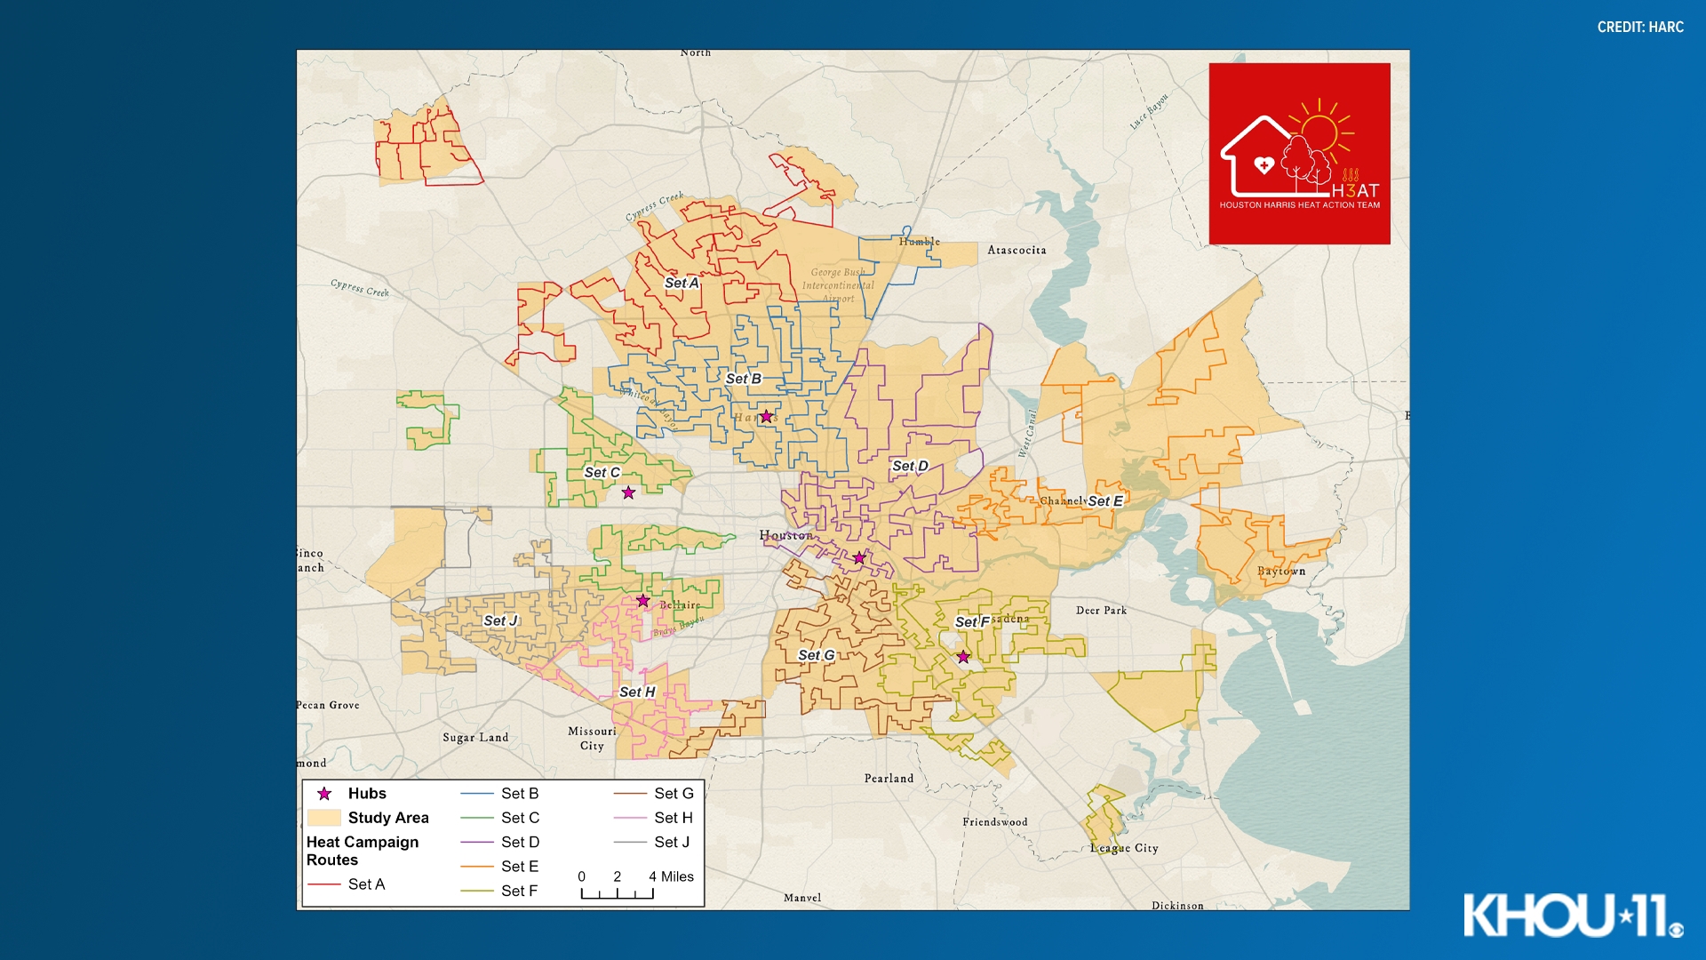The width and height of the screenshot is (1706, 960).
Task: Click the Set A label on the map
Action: coord(682,283)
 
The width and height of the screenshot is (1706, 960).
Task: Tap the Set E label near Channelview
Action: coord(1105,501)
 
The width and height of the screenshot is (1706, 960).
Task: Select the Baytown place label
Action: coord(1280,571)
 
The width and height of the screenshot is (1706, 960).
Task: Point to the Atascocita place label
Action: coord(1016,250)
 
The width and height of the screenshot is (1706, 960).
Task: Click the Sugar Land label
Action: coord(475,737)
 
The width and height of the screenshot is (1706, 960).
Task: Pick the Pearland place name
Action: coord(889,778)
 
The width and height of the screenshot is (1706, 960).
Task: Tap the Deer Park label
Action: coord(1101,610)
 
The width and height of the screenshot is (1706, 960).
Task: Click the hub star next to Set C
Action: coord(628,492)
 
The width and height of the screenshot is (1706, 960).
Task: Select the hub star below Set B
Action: coord(766,416)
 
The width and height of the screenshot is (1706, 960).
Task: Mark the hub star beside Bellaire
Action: coord(642,601)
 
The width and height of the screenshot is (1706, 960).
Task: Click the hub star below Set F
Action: coord(963,657)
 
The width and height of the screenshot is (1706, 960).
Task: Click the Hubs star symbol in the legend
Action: coord(324,794)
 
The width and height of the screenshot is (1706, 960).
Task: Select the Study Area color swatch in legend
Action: coord(323,818)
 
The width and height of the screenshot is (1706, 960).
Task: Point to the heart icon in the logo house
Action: coord(1264,164)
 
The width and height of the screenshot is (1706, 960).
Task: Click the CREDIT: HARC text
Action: coord(1639,28)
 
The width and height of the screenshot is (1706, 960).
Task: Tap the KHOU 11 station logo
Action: coord(1573,915)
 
